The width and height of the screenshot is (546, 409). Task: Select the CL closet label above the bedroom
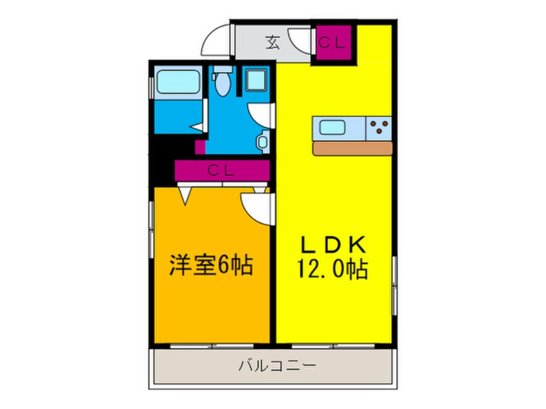(221, 172)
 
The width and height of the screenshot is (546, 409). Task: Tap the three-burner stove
(379, 128)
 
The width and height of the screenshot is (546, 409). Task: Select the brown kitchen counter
(352, 148)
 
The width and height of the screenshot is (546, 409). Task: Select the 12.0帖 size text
(333, 268)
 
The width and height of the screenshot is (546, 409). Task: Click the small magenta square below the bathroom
(201, 146)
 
